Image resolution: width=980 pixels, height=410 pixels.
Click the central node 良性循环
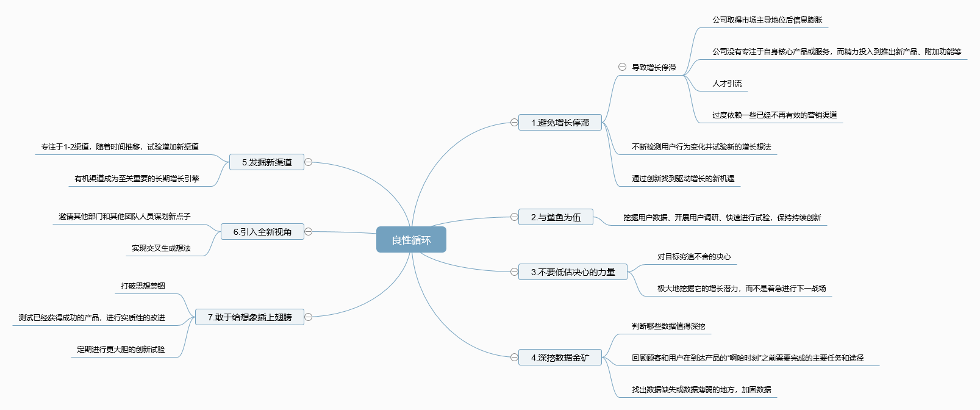point(411,240)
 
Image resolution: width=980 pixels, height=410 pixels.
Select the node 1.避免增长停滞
point(560,123)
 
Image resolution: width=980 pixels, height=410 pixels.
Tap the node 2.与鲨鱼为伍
point(556,217)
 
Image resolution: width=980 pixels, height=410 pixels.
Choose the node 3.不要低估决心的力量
point(573,272)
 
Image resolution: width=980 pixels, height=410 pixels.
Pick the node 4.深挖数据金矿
point(560,358)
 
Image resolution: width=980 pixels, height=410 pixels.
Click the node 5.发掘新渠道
point(266,162)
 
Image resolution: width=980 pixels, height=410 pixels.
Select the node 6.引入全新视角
point(262,232)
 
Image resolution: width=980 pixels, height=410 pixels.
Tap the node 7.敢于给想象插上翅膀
point(249,317)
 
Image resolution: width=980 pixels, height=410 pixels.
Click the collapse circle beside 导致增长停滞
point(622,67)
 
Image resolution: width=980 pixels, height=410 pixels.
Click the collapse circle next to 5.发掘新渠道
point(309,162)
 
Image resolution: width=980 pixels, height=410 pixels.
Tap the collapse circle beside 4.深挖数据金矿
point(514,358)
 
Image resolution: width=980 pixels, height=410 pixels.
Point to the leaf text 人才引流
point(727,84)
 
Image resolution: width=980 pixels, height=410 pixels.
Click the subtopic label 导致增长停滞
point(654,68)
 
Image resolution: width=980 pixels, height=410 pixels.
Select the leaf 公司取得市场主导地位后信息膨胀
point(767,20)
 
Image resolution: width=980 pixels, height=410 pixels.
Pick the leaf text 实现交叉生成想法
point(161,248)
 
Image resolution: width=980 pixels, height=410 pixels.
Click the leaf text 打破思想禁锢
point(143,286)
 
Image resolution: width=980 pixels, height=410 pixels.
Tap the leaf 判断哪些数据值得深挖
point(668,326)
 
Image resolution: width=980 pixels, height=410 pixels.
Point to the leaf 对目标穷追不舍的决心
point(694,257)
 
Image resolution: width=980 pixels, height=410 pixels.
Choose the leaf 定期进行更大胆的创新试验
point(121,350)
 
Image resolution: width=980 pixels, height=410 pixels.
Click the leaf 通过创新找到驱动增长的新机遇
point(683,179)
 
